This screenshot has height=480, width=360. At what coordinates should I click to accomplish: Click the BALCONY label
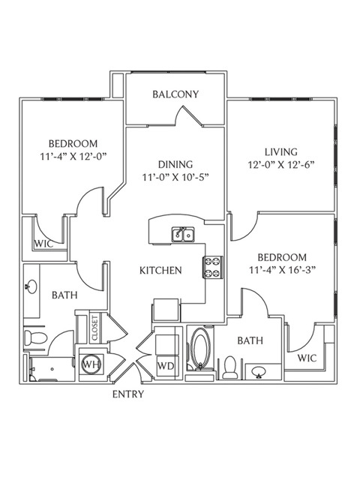pyautogui.click(x=175, y=94)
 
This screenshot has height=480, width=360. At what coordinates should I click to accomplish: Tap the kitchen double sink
pyautogui.click(x=183, y=235)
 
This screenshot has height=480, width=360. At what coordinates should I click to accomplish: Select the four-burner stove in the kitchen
pyautogui.click(x=213, y=267)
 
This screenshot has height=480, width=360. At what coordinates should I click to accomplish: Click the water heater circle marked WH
pyautogui.click(x=92, y=364)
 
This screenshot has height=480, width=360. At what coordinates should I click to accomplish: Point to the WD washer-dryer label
pyautogui.click(x=166, y=366)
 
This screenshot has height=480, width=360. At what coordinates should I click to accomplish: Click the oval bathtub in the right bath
pyautogui.click(x=200, y=349)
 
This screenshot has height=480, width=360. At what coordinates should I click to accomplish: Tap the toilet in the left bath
pyautogui.click(x=35, y=338)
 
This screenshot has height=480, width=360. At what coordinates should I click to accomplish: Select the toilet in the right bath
pyautogui.click(x=230, y=367)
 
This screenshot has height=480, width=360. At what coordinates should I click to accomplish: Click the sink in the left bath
pyautogui.click(x=31, y=286)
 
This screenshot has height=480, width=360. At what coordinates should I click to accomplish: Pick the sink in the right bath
pyautogui.click(x=259, y=372)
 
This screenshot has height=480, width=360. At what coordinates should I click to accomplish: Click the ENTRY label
pyautogui.click(x=128, y=394)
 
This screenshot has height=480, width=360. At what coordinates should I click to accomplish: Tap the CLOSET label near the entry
pyautogui.click(x=94, y=328)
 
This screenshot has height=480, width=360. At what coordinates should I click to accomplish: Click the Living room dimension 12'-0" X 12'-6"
pyautogui.click(x=281, y=165)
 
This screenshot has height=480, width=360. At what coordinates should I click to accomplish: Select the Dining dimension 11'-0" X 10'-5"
pyautogui.click(x=175, y=178)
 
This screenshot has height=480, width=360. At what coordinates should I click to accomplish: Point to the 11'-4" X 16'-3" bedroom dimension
pyautogui.click(x=282, y=270)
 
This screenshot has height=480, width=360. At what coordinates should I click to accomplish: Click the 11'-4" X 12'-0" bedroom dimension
pyautogui.click(x=73, y=157)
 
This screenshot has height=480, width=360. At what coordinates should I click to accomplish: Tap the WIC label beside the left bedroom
pyautogui.click(x=43, y=244)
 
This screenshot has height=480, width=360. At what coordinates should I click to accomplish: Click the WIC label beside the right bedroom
pyautogui.click(x=307, y=358)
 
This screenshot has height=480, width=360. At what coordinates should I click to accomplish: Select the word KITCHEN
pyautogui.click(x=160, y=270)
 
